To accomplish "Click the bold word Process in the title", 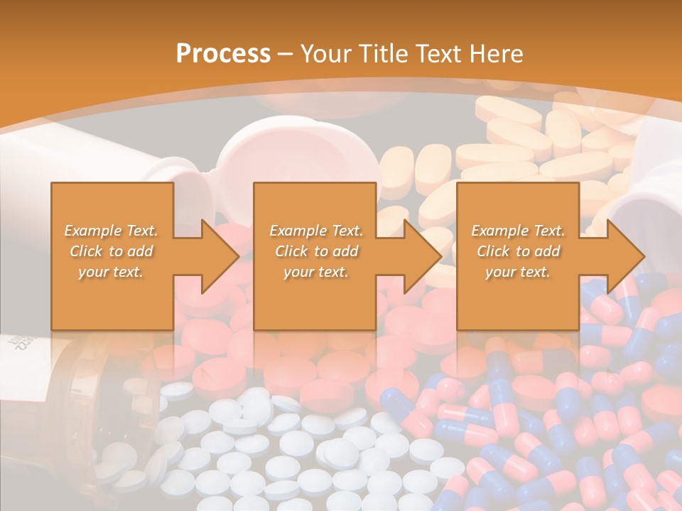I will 223,54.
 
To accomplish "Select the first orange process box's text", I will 112,251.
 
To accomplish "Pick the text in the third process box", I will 518,251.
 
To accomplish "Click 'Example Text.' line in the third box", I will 518,231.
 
